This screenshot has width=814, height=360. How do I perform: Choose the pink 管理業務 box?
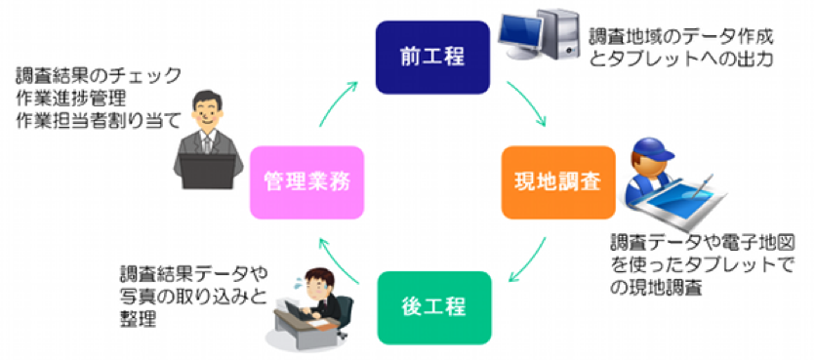point(306,182)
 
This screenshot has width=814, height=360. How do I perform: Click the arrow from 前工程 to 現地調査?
point(528,101)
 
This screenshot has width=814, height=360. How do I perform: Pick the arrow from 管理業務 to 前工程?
point(338,101)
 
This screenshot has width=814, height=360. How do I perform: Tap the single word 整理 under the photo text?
point(140,319)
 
